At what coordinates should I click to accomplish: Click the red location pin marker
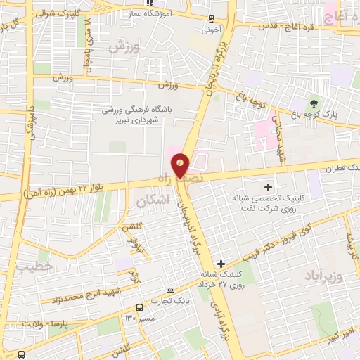click(x=181, y=165)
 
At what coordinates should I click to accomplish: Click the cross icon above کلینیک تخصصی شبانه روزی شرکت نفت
click(x=267, y=187)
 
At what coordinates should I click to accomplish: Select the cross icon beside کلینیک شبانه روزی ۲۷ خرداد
click(x=221, y=263)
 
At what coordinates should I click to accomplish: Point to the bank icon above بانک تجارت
click(x=170, y=290)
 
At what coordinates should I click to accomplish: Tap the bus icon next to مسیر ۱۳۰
click(x=139, y=308)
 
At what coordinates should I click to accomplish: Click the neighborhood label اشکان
click(x=150, y=201)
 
